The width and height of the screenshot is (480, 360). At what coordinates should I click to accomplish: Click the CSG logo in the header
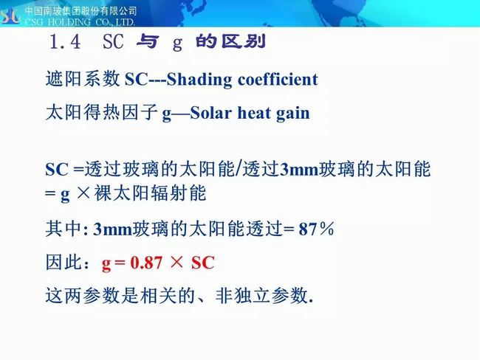click(10, 15)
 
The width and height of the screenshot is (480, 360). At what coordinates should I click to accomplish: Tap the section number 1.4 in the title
click(64, 42)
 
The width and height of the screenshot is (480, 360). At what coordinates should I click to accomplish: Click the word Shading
click(199, 80)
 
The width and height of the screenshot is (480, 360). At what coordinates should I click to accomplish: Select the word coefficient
click(278, 79)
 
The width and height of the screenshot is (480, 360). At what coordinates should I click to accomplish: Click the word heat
click(254, 113)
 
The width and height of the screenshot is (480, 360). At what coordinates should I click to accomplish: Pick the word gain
click(293, 114)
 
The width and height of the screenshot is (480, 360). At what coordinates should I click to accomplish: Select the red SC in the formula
click(203, 263)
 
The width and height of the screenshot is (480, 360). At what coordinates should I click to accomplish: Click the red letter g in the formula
click(106, 264)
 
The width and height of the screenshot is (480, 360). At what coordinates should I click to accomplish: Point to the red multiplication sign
click(176, 263)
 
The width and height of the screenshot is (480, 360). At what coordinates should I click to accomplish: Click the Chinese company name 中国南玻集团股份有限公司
click(80, 11)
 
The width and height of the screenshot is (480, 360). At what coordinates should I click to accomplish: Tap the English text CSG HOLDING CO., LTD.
click(80, 22)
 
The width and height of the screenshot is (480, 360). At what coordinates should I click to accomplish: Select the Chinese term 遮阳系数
click(83, 79)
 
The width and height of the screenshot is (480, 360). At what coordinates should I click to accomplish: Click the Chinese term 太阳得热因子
click(102, 113)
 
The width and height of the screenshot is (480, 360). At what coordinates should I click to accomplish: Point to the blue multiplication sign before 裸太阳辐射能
click(83, 193)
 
